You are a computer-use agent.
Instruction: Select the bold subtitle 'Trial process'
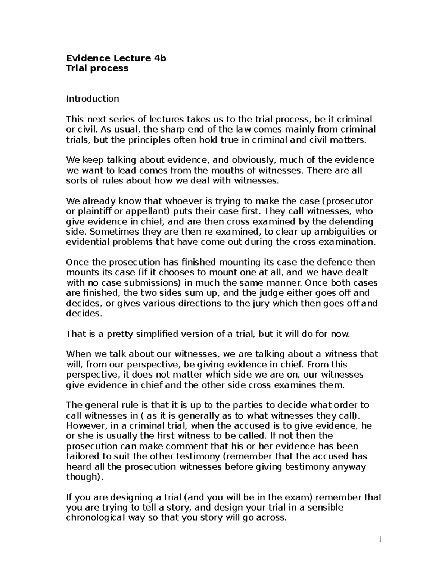pos(97,68)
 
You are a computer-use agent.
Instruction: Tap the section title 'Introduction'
pos(93,99)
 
